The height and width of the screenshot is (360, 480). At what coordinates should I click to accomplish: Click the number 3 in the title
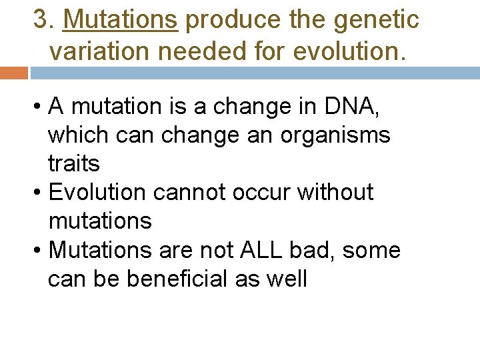tap(42, 20)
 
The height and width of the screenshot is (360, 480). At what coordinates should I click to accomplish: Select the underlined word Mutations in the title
tap(120, 20)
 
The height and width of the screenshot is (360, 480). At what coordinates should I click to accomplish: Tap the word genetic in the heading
tap(377, 20)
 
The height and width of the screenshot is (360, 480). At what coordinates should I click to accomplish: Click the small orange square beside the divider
tap(13, 73)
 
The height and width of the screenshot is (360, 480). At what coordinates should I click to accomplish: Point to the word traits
tap(73, 163)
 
